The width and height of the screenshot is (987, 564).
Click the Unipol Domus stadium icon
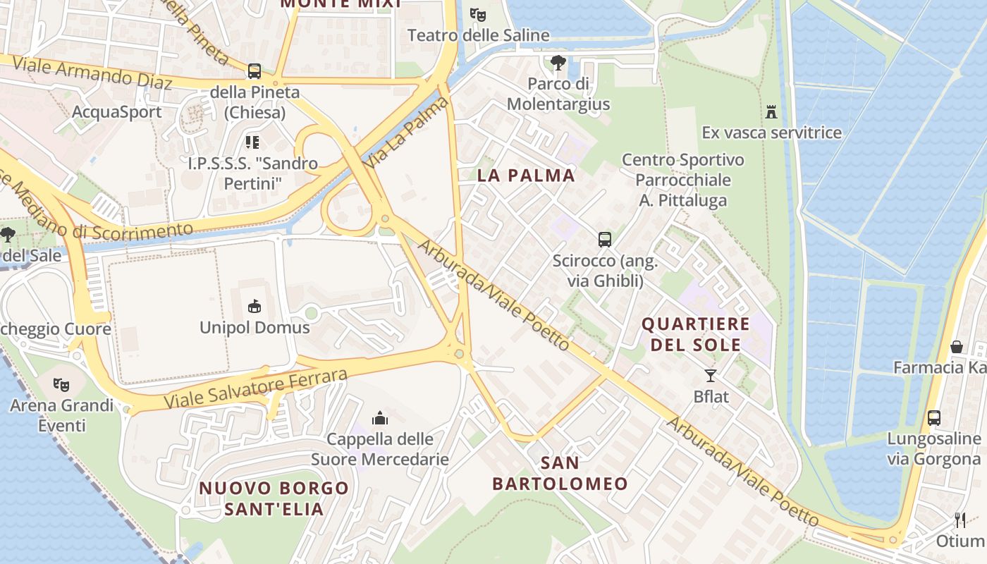[255, 306]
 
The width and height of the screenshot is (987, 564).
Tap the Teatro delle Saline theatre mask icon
[478, 13]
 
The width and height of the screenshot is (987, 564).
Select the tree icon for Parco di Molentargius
[558, 63]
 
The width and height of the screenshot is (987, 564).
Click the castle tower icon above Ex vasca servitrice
[771, 111]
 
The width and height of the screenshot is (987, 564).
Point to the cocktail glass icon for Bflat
[711, 375]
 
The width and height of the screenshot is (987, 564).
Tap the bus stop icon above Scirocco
[605, 239]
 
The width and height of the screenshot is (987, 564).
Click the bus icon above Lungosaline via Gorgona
[934, 417]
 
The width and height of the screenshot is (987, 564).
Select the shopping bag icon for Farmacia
[957, 346]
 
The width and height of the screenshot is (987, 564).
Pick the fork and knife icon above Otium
[960, 520]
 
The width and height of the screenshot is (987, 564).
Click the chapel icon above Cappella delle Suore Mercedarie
[380, 418]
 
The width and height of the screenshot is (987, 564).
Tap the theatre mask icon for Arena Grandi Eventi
[62, 384]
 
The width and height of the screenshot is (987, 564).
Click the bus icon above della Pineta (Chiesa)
[254, 71]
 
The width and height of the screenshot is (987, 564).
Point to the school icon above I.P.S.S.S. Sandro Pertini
[252, 142]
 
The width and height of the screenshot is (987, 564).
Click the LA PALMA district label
[526, 176]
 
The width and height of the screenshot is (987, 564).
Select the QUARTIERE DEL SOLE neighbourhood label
[695, 334]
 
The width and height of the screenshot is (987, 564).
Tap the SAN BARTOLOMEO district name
[560, 473]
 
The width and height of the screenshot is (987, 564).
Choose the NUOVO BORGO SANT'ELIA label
[274, 498]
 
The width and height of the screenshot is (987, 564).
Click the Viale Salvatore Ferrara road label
[256, 388]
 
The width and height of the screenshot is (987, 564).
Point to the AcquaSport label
[117, 112]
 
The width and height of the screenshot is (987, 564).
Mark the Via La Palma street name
[407, 133]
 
